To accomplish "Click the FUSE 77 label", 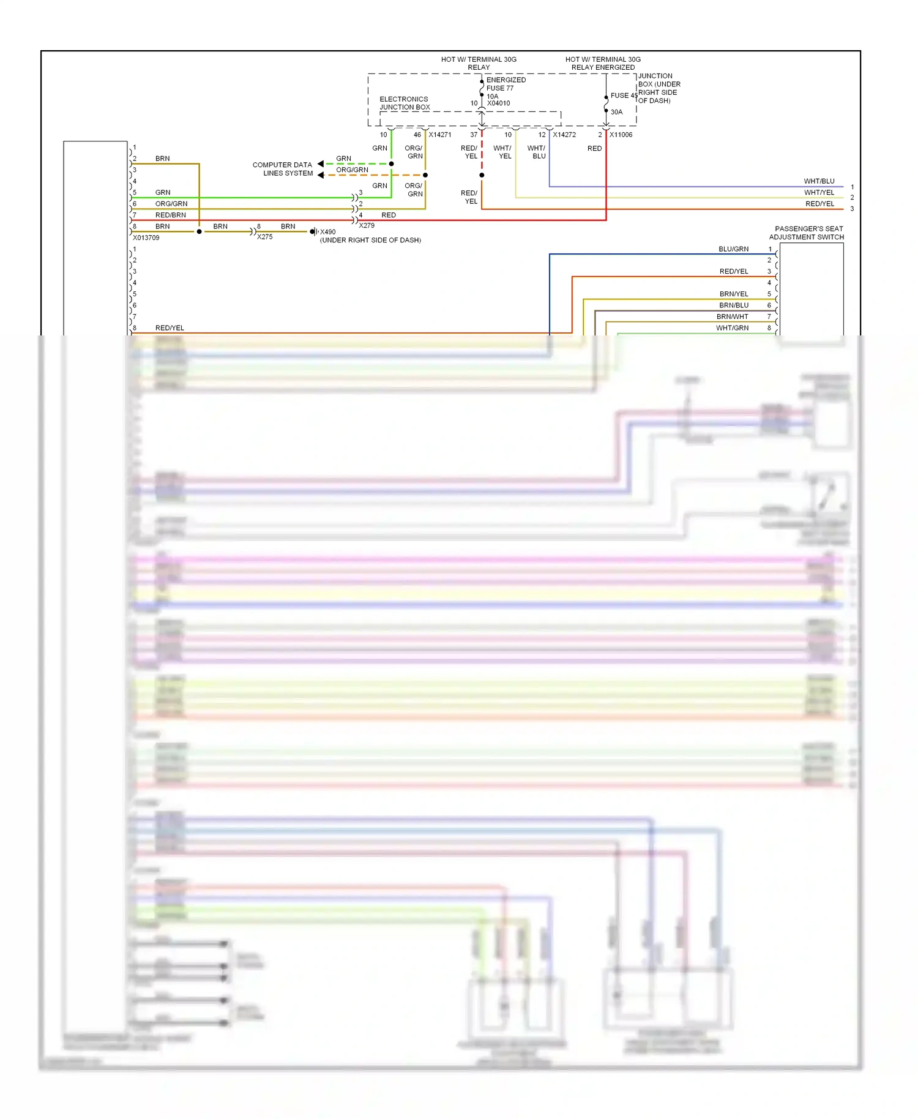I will pos(499,88).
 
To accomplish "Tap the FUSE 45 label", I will pos(623,95).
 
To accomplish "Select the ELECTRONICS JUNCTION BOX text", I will pos(404,103).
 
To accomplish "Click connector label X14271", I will pos(439,135).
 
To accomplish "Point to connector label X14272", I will pos(564,135).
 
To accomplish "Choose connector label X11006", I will pos(621,135).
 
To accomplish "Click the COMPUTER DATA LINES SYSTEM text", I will pos(283,169).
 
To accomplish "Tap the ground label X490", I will pos(327,232).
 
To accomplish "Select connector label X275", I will pos(264,237).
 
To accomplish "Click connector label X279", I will pos(367,226).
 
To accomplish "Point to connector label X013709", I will pos(146,238).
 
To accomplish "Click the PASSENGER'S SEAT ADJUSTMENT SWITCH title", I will pos(806,233).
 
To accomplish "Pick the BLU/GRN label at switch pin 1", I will pos(733,249).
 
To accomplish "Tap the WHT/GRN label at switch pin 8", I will pos(732,328).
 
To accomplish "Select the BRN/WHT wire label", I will pos(732,317).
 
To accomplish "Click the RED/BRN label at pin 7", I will pos(170,215).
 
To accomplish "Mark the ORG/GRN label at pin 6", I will pos(171,204).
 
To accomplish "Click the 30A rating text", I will pos(616,112).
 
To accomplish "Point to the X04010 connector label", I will pos(498,103).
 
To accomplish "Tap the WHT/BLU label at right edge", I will pos(819,181).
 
